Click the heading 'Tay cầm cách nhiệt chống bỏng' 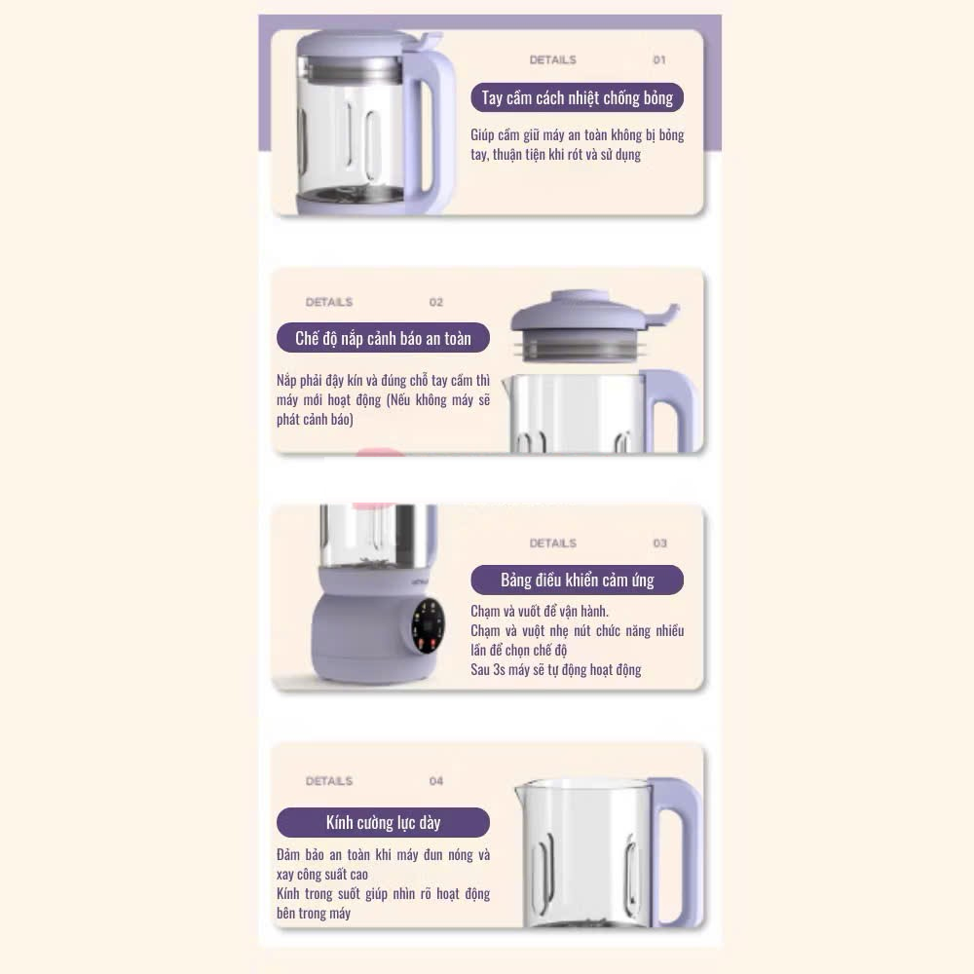coord(577,98)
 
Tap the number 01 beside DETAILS coord(659,60)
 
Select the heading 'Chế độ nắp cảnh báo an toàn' coord(383,339)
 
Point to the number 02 coord(436,303)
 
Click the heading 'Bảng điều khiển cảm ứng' coord(577,581)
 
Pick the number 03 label coord(659,543)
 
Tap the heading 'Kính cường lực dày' coord(383,823)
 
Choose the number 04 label coord(436,781)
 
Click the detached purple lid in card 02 coord(589,325)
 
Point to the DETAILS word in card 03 coord(553,543)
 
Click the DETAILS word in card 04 coord(328,781)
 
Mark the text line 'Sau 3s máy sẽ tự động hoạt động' coord(556,670)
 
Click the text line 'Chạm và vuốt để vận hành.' coord(540,612)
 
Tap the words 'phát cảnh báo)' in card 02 coord(315,419)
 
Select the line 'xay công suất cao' coord(322,875)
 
